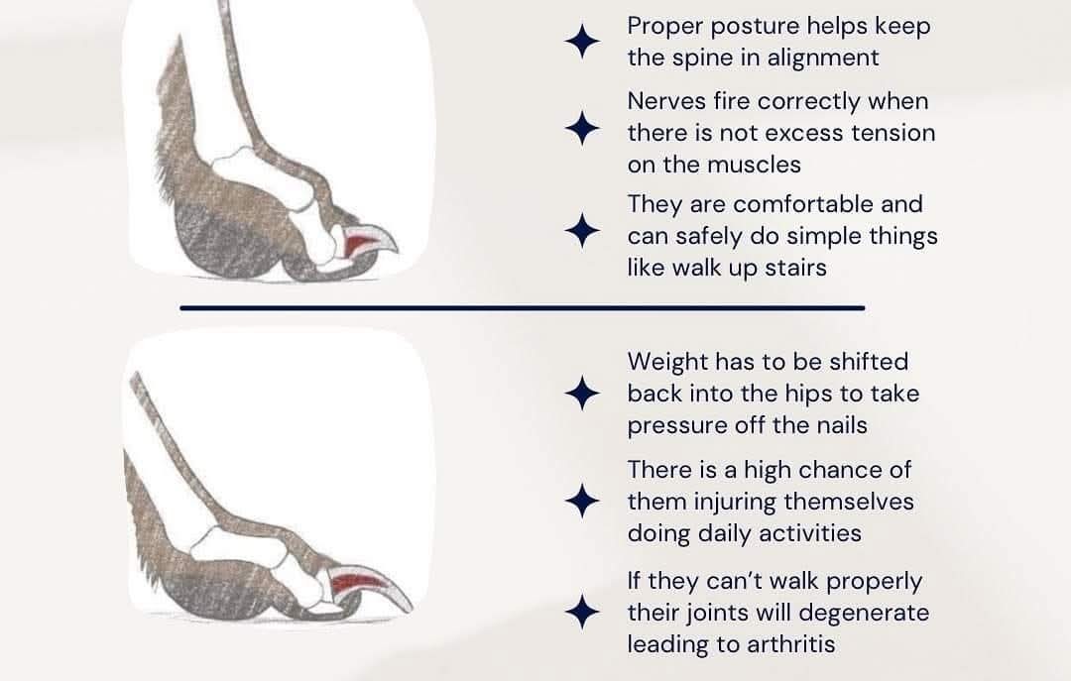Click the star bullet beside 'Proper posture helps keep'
583,42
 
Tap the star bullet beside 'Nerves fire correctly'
583,129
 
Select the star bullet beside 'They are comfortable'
583,231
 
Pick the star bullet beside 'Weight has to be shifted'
583,394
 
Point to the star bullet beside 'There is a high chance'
583,501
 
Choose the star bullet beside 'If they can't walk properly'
583,612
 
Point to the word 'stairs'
795,268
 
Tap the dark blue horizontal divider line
523,308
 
